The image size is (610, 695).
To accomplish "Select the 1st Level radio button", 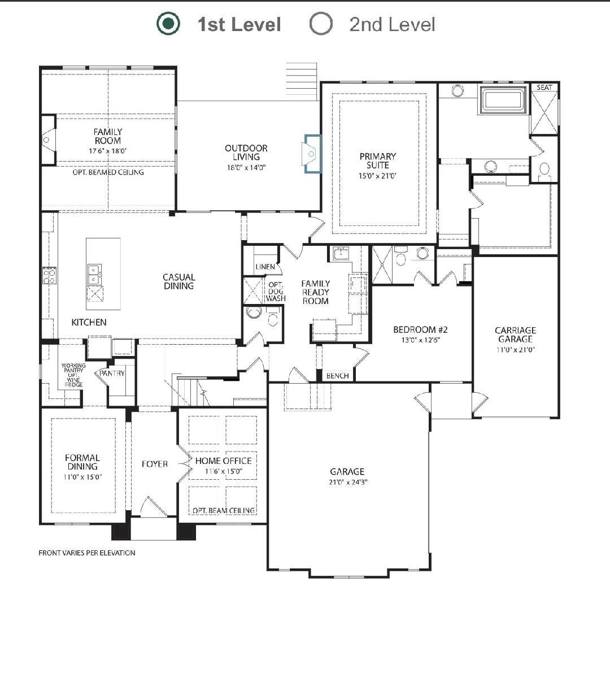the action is (x=168, y=24).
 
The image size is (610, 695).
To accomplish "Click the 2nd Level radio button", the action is (x=321, y=24).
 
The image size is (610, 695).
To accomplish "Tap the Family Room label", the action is (x=108, y=136).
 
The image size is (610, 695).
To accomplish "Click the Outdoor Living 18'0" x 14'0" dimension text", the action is (x=246, y=168).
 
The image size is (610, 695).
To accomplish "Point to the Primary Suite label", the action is (x=377, y=160).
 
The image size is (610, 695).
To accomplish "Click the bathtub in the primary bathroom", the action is (x=503, y=100).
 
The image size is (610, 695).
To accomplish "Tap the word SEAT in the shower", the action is (x=544, y=88).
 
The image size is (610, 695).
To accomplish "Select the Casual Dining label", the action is (x=178, y=281).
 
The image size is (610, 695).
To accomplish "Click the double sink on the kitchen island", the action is (x=94, y=275).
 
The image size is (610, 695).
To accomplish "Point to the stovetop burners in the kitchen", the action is (x=49, y=276).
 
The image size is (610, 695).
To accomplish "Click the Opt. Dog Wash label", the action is (x=276, y=292).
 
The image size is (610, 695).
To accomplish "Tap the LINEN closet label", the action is (x=265, y=267).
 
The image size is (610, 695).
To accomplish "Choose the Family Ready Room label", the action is (x=316, y=292).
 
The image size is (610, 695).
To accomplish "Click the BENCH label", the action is (x=337, y=376).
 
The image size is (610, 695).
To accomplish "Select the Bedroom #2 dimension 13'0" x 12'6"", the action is (x=420, y=340).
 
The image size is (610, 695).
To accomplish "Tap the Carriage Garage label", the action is (x=515, y=335).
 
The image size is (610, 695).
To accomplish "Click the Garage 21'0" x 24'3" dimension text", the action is (x=348, y=482).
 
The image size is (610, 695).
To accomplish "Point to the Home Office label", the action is (x=223, y=461).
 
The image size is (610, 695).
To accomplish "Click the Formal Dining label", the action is (x=82, y=462).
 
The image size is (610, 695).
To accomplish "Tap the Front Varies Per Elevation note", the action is (x=87, y=553).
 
